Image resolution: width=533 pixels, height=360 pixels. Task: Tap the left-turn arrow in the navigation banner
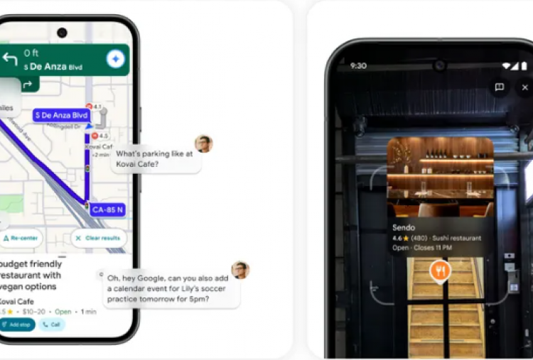point(10,60)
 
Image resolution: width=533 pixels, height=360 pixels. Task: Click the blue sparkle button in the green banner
point(116,60)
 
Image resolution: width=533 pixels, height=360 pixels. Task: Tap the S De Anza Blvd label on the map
point(61,115)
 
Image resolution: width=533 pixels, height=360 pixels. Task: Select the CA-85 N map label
point(108,209)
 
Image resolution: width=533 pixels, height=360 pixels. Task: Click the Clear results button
point(99,238)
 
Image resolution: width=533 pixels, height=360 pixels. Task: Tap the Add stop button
point(17,324)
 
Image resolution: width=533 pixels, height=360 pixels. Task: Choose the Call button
point(52,324)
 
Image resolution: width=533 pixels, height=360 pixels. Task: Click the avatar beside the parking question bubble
point(204,144)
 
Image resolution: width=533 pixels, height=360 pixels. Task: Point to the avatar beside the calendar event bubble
point(240,270)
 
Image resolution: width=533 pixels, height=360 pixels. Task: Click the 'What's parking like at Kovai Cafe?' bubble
point(155,159)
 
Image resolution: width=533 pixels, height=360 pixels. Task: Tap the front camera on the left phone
point(62,33)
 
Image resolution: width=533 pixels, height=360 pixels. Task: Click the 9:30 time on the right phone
point(358,65)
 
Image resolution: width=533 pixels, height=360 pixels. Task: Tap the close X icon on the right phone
point(525,87)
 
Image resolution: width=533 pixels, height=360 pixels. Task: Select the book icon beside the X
point(500,87)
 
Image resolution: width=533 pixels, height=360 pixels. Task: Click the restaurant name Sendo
point(404,227)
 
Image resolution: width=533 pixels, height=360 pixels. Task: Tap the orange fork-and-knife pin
point(440,271)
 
